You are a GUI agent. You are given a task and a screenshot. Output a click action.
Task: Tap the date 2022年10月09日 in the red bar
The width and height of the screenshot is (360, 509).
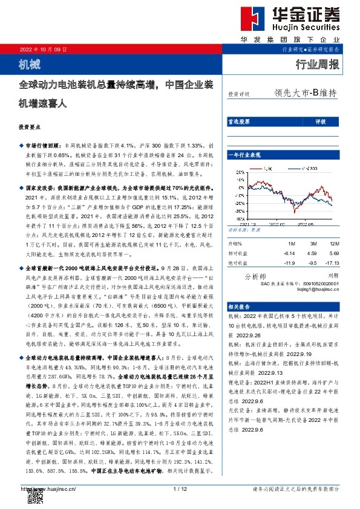tap(44, 49)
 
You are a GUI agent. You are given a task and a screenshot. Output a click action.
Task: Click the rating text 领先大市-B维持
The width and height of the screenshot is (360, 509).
tap(305, 93)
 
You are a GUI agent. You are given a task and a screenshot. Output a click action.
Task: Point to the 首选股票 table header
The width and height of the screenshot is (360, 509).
tap(238, 122)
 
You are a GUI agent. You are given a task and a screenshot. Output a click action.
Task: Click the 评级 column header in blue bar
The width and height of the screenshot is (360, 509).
tap(321, 122)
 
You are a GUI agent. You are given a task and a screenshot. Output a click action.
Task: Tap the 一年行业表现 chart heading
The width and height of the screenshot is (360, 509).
tap(243, 156)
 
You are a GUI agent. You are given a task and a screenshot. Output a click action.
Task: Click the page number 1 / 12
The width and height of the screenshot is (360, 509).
tap(180, 488)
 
